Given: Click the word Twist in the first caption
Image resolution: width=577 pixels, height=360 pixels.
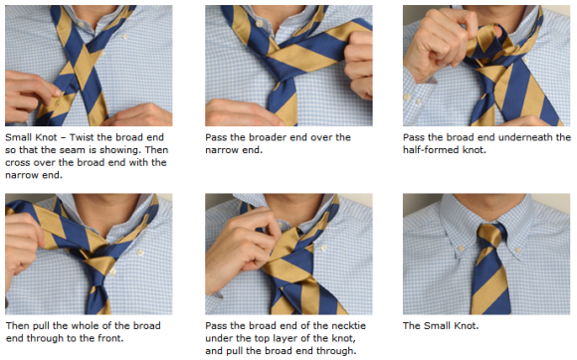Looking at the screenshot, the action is tap(82, 137).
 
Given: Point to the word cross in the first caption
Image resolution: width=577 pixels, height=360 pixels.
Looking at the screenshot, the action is tap(17, 162).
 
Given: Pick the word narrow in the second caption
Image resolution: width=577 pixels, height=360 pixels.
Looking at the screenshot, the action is tap(218, 150).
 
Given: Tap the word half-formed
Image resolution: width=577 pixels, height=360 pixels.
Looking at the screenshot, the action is tap(427, 150).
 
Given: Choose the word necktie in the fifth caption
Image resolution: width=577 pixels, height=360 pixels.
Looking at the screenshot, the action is tap(348, 326).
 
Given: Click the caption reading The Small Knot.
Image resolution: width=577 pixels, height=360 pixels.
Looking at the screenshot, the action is tap(441, 326).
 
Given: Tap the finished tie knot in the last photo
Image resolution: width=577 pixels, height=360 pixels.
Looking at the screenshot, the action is tap(489, 236).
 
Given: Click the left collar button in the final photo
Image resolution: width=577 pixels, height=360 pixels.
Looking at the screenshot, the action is tap(461, 249).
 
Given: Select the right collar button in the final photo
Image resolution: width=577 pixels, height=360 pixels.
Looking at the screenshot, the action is tap(517, 251).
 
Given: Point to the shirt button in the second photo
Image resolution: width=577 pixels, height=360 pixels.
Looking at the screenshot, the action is tap(261, 24).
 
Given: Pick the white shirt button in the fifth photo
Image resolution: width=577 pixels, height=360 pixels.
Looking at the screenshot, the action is tap(323, 248).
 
